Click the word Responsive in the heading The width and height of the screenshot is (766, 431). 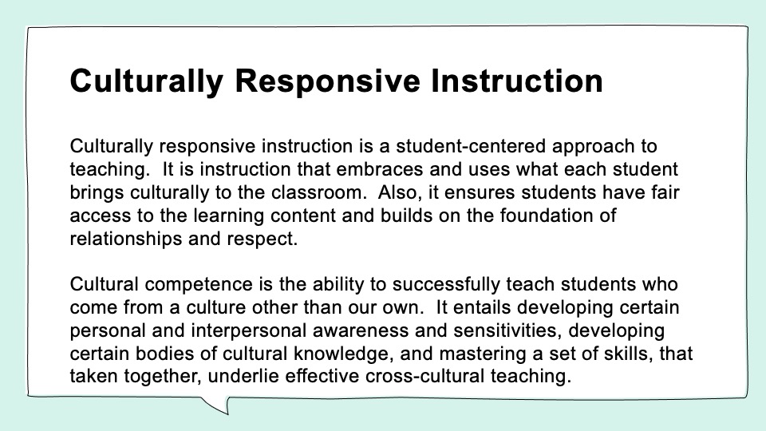[x=327, y=81]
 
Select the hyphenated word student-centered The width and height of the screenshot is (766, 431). [x=471, y=146]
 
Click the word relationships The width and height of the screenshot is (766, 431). [x=125, y=239]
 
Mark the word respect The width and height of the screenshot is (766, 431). [x=262, y=239]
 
